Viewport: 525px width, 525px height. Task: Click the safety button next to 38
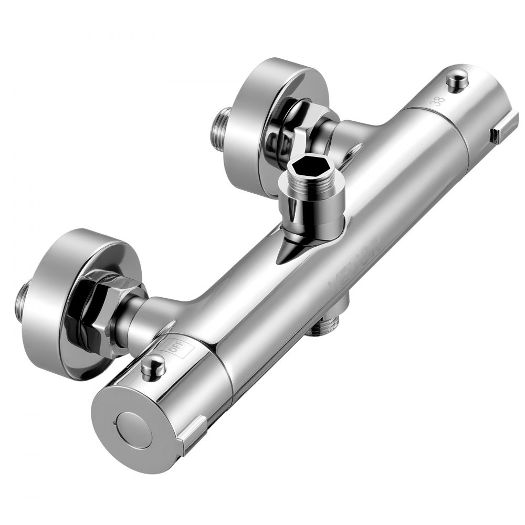(x=457, y=82)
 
